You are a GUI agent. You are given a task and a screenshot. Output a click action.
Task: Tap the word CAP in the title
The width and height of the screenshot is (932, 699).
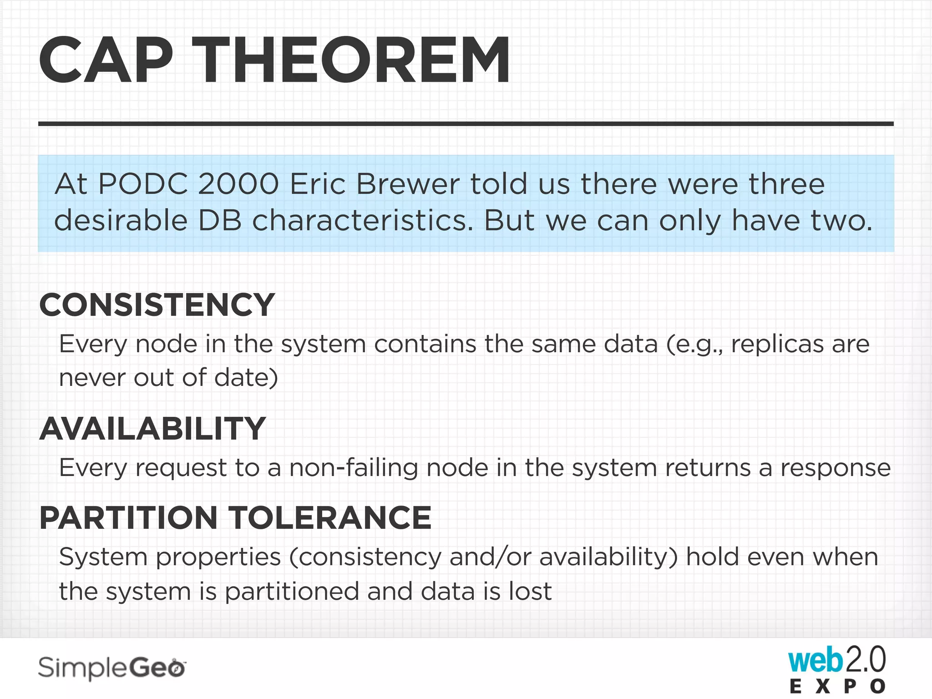pos(106,61)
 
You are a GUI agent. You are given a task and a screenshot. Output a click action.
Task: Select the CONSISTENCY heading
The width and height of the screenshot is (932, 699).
pos(157,305)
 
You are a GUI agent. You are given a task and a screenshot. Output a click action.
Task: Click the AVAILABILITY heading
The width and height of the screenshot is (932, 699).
pos(152,429)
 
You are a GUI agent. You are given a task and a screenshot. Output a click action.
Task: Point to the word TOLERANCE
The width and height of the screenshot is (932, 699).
pos(329,518)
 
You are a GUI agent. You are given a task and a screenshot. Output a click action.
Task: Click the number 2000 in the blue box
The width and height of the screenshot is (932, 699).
pos(238,184)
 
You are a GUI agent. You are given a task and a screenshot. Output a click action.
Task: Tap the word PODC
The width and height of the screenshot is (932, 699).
pos(143,184)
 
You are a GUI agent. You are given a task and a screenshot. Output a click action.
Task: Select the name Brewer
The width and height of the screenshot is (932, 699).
pos(408,184)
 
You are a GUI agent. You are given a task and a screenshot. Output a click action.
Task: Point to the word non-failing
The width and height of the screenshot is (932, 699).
pos(353,468)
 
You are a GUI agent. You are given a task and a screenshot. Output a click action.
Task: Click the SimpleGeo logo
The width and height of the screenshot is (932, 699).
pos(111,668)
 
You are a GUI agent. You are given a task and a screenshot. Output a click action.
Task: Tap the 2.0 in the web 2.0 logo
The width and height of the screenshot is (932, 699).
pos(866,659)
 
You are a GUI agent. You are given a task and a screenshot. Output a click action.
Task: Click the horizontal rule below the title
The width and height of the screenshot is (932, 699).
pos(466,124)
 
